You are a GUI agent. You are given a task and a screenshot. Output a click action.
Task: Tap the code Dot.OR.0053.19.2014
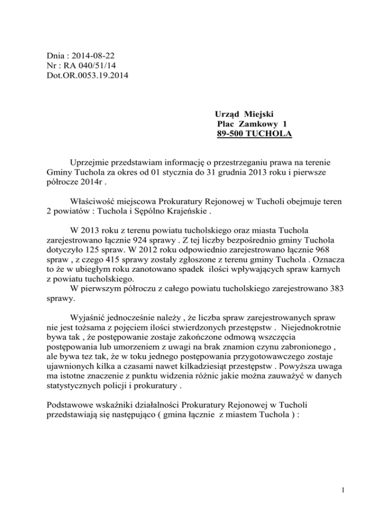pyautogui.click(x=86, y=77)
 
